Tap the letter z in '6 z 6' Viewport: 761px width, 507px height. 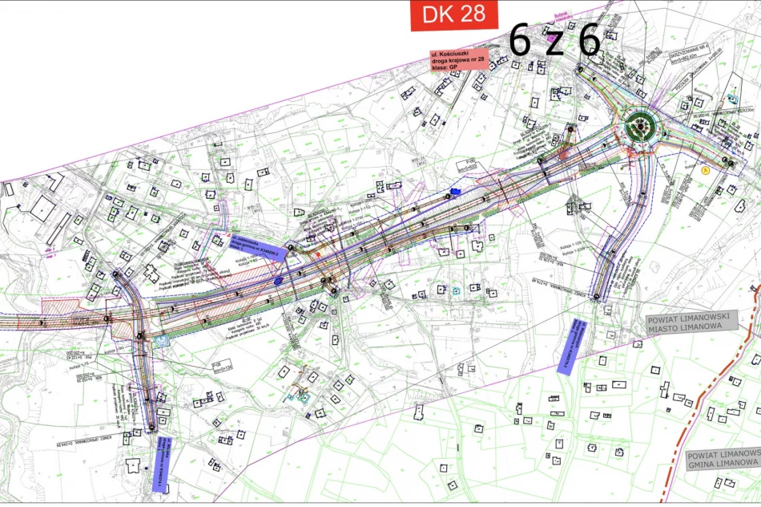pos(554,42)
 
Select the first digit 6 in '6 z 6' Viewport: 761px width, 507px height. pos(520,42)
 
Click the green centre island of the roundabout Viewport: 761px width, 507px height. pos(639,125)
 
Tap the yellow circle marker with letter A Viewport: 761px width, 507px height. pos(706,169)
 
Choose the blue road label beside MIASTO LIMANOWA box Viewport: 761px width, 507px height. pos(571,347)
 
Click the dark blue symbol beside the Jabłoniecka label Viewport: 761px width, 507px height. pos(278,282)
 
